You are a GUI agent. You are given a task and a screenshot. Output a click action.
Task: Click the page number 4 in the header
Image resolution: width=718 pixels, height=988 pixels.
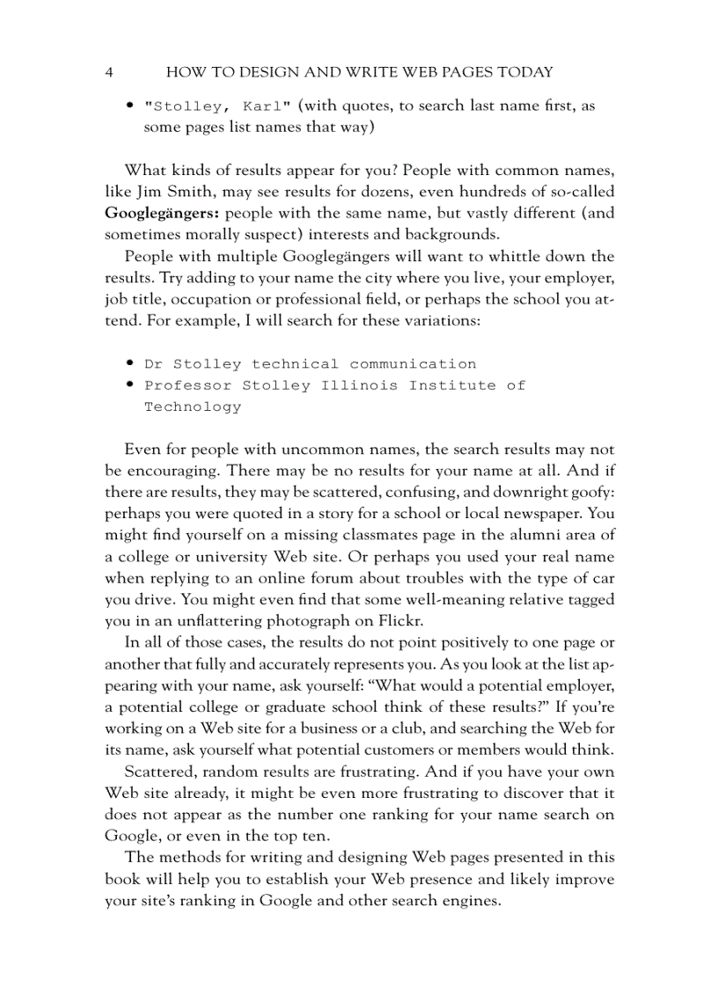pyautogui.click(x=108, y=72)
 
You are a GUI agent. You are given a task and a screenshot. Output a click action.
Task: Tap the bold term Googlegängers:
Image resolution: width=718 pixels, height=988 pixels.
pyautogui.click(x=161, y=213)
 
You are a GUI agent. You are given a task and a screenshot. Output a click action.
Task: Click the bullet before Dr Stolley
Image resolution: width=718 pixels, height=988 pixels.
pyautogui.click(x=129, y=363)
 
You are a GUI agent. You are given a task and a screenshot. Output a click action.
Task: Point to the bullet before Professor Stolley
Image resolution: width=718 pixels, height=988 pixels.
pyautogui.click(x=129, y=384)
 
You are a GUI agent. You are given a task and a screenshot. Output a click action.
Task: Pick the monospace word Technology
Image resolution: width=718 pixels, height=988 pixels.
pyautogui.click(x=193, y=406)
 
